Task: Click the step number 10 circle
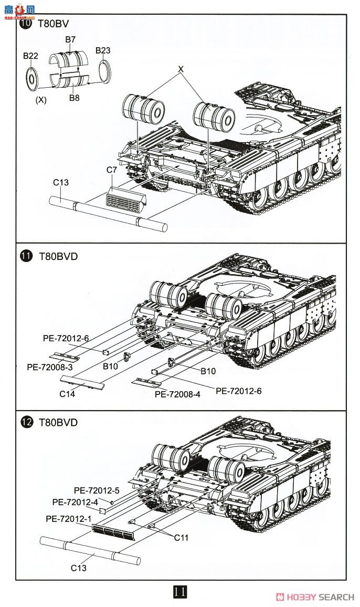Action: pos(25,24)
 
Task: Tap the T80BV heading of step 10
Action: pos(54,24)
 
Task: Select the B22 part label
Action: pos(30,56)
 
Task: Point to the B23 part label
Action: pos(103,50)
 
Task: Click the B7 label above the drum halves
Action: pos(70,39)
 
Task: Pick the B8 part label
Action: pos(74,97)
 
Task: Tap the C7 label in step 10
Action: pos(111,170)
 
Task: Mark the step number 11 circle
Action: pos(25,257)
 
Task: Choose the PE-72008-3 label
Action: pos(50,367)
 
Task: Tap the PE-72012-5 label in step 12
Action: pos(97,490)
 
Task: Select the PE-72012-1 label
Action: pos(69,519)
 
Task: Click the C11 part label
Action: pos(181,538)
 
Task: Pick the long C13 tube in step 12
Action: pos(89,550)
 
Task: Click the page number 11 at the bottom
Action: pos(179,592)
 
